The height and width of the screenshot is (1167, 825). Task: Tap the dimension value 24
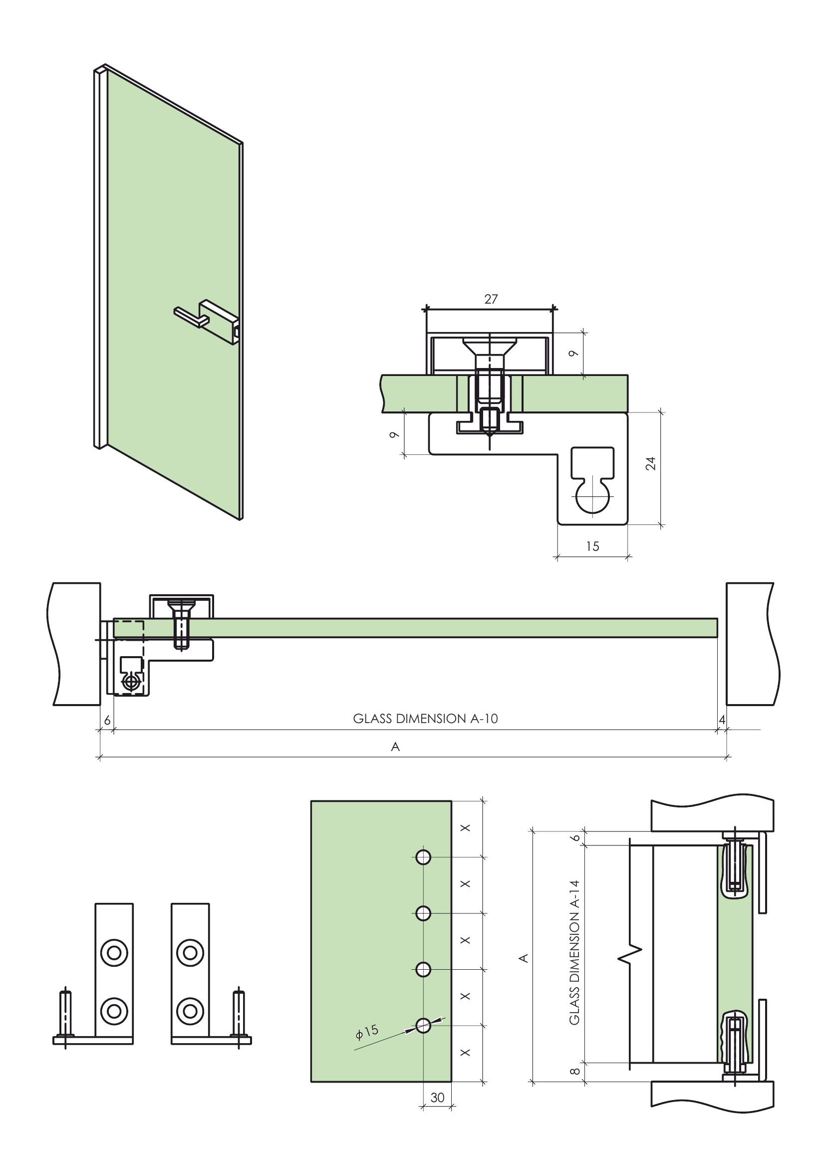650,463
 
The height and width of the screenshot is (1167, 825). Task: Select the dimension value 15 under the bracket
592,546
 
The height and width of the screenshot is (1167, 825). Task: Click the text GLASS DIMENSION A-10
425,718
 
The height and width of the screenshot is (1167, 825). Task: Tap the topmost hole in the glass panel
423,857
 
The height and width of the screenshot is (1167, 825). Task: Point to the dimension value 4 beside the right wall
722,719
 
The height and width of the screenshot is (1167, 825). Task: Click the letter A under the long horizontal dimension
395,747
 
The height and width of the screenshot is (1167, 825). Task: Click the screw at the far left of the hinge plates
65,1017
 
